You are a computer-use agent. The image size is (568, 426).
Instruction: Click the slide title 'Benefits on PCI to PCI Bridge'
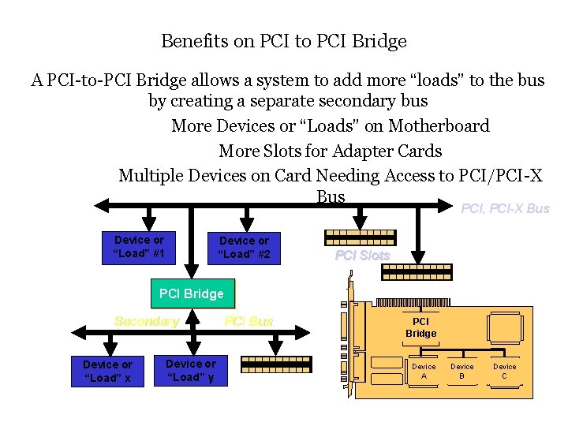pos(283,40)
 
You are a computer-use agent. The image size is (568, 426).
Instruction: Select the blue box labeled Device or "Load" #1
pos(139,246)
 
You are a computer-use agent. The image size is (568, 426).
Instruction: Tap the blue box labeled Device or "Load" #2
pos(244,247)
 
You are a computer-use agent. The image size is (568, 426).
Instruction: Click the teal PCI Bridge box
pos(192,293)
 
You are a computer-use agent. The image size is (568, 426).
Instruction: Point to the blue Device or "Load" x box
pos(107,371)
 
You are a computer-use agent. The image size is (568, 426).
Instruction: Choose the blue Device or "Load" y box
pos(190,370)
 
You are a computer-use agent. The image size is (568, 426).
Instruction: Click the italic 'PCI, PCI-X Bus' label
pos(505,208)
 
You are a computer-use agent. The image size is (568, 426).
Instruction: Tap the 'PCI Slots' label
pos(362,255)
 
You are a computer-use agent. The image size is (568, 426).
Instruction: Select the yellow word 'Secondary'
pos(147,321)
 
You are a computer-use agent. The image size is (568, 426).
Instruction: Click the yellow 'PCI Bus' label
pos(248,321)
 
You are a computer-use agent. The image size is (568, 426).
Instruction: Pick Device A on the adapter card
pos(424,371)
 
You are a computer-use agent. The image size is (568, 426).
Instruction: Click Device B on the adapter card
pos(462,371)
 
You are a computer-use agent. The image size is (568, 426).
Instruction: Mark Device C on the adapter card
pos(505,371)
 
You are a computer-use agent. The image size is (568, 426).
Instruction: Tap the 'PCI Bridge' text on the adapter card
pos(420,327)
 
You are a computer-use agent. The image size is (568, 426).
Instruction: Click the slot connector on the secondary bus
pos(276,364)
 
